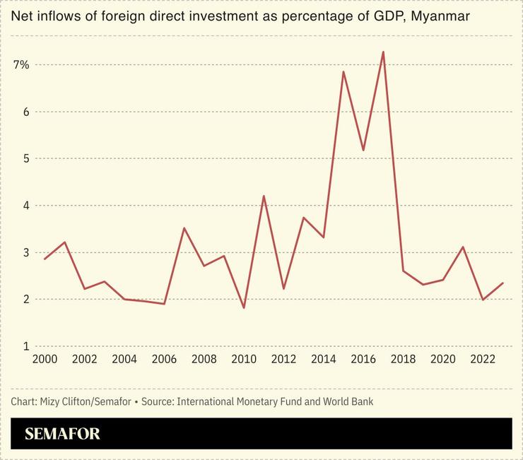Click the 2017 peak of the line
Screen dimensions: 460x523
(x=383, y=52)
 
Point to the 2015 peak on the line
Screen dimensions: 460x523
(x=343, y=71)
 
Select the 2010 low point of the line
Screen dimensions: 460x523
(x=244, y=308)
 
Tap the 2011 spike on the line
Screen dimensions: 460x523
(x=264, y=196)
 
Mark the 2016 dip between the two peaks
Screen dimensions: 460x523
(x=363, y=150)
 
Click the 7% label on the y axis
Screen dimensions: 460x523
(x=21, y=65)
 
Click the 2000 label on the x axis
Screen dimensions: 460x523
(x=45, y=360)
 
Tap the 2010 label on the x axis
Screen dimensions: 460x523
(x=244, y=360)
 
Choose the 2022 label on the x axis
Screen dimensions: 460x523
(x=483, y=360)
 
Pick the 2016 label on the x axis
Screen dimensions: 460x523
(x=363, y=360)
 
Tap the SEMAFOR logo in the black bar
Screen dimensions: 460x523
(x=62, y=434)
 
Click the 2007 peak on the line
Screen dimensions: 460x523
(x=184, y=228)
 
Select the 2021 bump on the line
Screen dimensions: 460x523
(x=463, y=247)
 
